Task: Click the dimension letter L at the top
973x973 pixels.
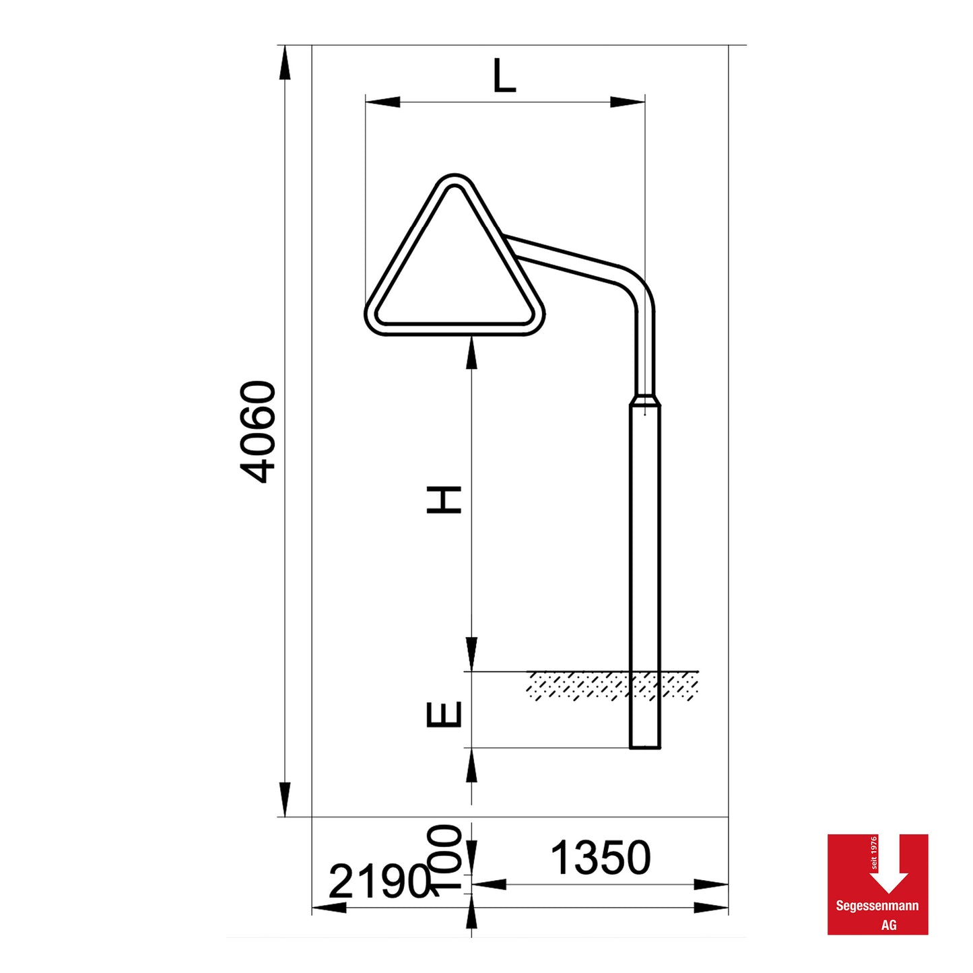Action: coord(504,76)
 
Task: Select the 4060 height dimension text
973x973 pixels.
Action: coord(258,432)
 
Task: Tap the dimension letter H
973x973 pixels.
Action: coord(444,500)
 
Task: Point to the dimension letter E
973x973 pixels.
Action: coord(444,714)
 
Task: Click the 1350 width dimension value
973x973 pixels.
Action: coord(601,858)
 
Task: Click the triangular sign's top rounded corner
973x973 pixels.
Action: coord(455,180)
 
